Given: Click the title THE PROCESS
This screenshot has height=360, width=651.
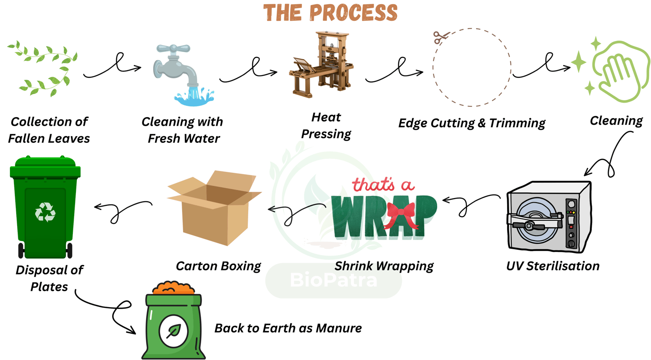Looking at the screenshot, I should click(x=330, y=13).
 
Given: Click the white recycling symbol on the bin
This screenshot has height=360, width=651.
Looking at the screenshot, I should click(x=45, y=212).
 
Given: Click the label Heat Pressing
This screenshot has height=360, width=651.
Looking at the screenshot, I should click(x=326, y=125).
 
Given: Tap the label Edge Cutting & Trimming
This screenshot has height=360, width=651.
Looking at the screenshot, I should click(x=472, y=123).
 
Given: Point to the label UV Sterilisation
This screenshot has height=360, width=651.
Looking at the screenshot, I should click(x=552, y=265).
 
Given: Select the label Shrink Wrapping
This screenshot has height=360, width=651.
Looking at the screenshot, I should click(x=384, y=265).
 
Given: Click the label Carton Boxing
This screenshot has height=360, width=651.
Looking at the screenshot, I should click(x=218, y=265).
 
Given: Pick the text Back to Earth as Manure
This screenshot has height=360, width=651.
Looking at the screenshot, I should click(x=288, y=327).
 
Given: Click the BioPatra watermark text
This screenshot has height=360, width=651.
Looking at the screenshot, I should click(x=333, y=280).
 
